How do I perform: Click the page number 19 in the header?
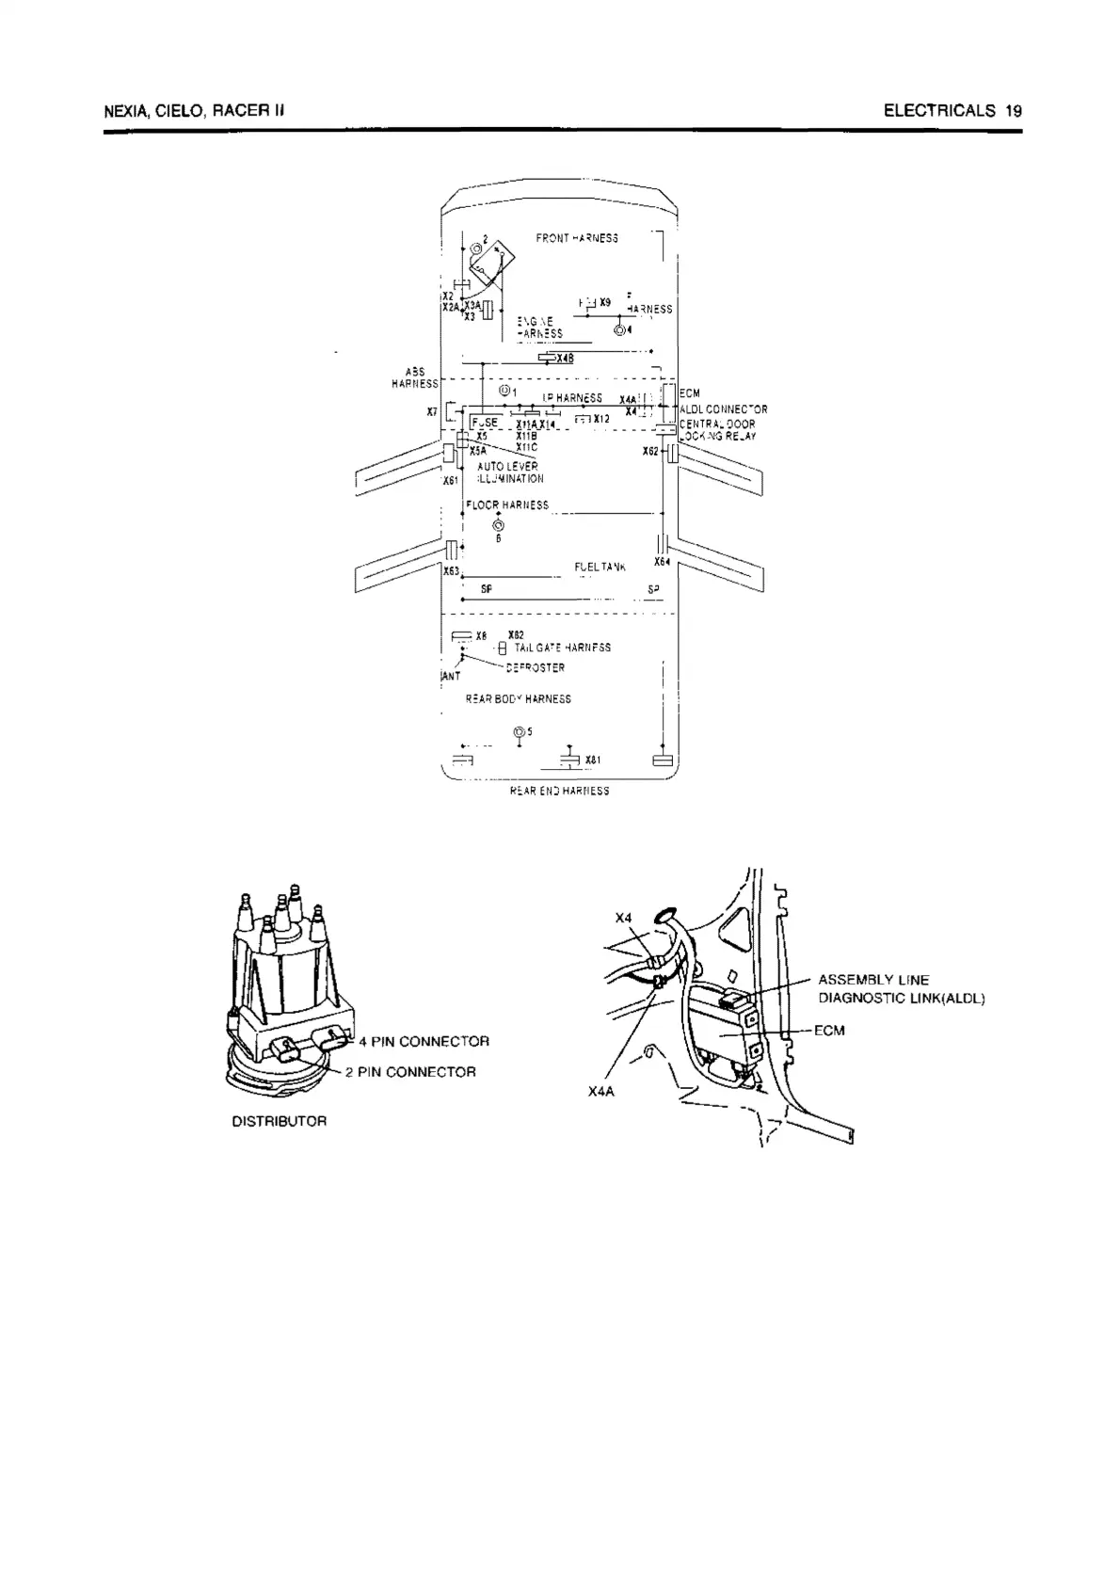(x=1013, y=111)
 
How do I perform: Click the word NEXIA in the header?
(x=125, y=111)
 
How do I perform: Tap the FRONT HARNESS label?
(x=577, y=238)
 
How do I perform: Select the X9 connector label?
(x=605, y=302)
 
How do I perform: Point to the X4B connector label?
(x=565, y=359)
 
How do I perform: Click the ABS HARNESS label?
(x=414, y=378)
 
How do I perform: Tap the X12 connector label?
(x=601, y=419)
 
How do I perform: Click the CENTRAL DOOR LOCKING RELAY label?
(x=717, y=430)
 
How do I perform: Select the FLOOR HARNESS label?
(x=507, y=505)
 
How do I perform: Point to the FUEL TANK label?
(x=600, y=568)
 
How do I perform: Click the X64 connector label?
(x=662, y=562)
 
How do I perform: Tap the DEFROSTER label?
(x=535, y=668)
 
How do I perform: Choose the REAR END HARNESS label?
(x=559, y=792)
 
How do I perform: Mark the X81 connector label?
(x=593, y=760)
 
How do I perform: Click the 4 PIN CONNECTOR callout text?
(x=424, y=1042)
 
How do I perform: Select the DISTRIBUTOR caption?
(x=280, y=1122)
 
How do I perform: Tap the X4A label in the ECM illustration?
(x=600, y=1092)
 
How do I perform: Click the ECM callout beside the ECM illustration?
(x=829, y=1031)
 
